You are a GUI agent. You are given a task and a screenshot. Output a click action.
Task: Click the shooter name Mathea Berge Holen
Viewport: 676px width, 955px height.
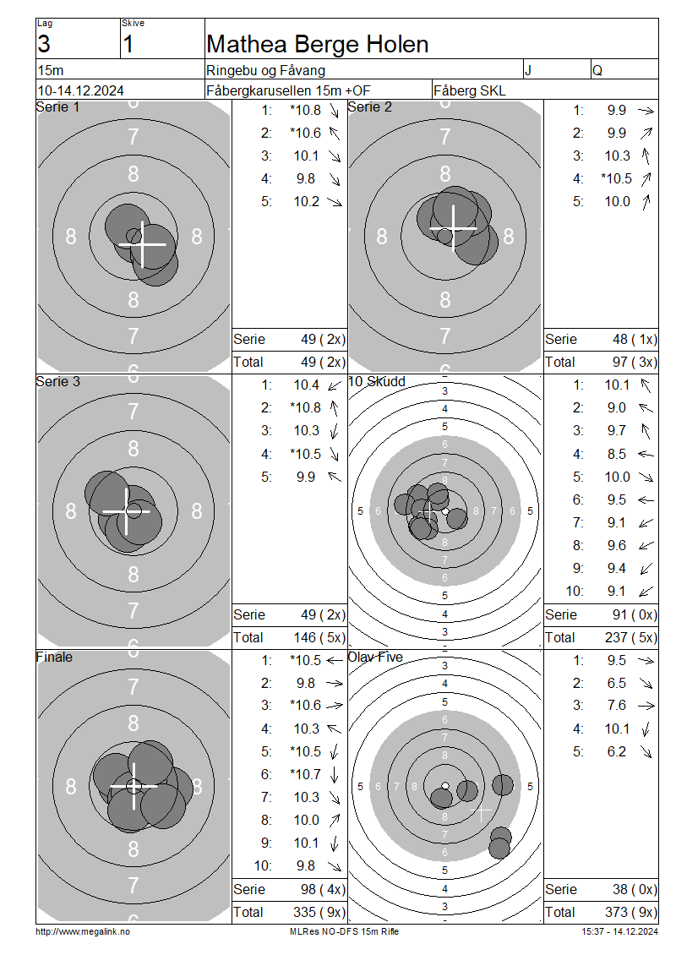(317, 45)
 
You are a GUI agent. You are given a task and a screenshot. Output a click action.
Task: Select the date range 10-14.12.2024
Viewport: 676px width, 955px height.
(81, 90)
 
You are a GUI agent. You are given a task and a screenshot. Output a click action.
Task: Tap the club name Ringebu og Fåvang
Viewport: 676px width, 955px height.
(265, 71)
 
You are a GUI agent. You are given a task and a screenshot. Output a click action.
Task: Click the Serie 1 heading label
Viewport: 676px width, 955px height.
(57, 107)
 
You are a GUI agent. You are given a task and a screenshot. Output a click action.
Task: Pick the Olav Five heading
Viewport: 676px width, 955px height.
(375, 658)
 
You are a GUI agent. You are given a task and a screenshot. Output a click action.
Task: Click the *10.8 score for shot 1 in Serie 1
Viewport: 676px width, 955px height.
(305, 110)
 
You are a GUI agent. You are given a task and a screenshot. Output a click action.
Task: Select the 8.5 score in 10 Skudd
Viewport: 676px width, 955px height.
(616, 455)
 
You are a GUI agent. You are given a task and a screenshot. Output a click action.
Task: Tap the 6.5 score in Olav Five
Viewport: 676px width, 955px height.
(616, 684)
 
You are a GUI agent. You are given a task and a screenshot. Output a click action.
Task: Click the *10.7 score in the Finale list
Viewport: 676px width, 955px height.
(305, 775)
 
